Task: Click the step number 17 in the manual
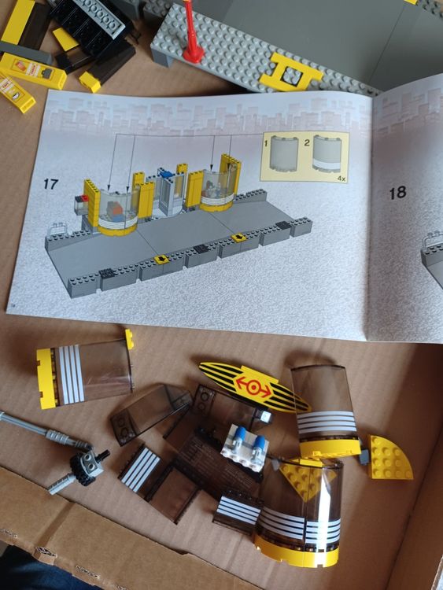click(x=50, y=184)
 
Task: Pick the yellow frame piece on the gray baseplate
click(x=293, y=72)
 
